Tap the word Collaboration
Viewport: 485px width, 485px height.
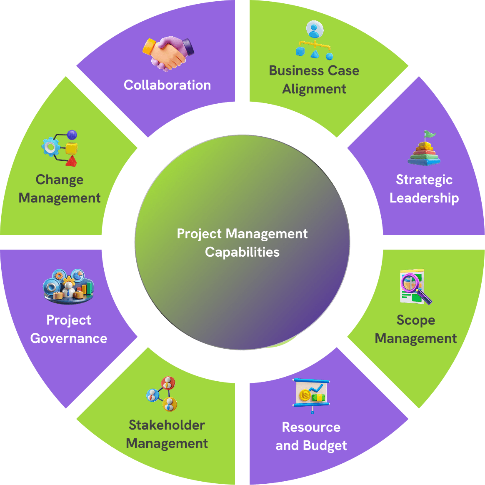(x=167, y=85)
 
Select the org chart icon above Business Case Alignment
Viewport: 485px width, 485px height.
(x=314, y=40)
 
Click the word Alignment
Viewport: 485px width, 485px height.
(x=314, y=90)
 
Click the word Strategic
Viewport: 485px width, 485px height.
(x=424, y=180)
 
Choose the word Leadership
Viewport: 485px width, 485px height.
(x=424, y=198)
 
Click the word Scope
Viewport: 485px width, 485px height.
(x=416, y=320)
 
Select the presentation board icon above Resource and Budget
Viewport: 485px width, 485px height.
(x=311, y=396)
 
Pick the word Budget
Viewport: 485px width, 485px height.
(x=325, y=446)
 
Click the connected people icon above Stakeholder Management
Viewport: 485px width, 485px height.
(x=162, y=394)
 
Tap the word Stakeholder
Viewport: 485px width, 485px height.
(x=167, y=425)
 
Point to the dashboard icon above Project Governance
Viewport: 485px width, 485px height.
(x=68, y=286)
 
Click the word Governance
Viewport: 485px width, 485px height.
(x=69, y=339)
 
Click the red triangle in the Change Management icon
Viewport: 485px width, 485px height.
(x=71, y=161)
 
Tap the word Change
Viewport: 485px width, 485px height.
(x=60, y=180)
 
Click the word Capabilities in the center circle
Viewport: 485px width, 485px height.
(x=242, y=252)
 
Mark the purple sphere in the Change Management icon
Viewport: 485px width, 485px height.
(x=72, y=135)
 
